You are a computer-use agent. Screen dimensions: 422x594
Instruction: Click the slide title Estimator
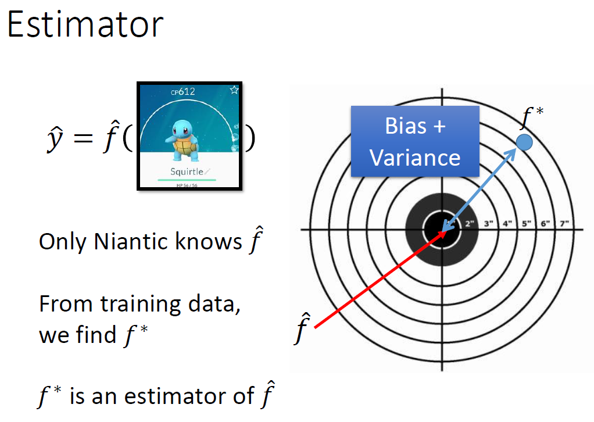point(85,25)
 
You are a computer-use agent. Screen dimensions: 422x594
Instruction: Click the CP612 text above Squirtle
point(183,91)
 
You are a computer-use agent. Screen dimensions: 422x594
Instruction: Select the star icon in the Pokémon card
point(234,90)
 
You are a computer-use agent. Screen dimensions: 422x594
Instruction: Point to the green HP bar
point(187,180)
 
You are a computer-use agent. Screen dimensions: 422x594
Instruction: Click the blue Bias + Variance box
point(415,141)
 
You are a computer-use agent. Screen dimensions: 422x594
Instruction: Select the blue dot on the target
point(524,142)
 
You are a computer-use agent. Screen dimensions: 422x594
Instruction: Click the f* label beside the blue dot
point(531,118)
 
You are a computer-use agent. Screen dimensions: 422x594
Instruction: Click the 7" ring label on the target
point(564,224)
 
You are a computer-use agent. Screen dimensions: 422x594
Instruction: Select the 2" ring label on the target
point(470,224)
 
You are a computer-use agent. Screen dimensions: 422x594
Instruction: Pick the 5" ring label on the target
point(527,224)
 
